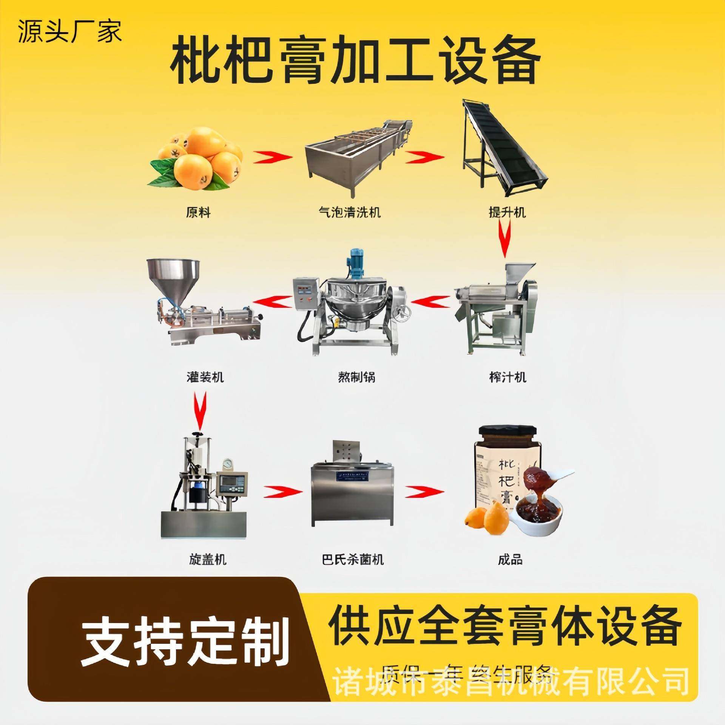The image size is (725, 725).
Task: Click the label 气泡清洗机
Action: click(349, 213)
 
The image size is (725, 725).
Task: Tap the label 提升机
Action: click(507, 213)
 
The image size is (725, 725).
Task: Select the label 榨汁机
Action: click(507, 377)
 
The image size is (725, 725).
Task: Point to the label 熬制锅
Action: click(356, 377)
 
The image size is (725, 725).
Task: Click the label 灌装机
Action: click(205, 377)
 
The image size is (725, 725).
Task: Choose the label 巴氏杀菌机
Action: click(353, 559)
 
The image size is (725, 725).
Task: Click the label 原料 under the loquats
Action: click(198, 213)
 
